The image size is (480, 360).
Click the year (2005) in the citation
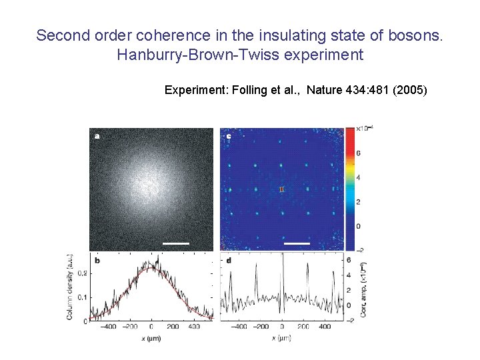coord(411,89)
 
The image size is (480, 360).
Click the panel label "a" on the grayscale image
coord(97,136)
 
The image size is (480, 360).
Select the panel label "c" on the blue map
coord(229,136)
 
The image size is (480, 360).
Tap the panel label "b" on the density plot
coord(97,261)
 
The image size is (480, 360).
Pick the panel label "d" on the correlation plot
coord(229,261)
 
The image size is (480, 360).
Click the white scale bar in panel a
coord(176,243)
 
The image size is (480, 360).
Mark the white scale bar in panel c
coord(297,243)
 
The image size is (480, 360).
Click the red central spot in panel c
coord(282,190)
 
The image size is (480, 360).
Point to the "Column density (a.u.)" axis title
coord(70,287)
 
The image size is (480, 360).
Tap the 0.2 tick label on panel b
coord(82,273)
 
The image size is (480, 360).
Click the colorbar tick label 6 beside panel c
coord(358,153)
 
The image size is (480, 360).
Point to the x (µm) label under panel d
coord(282,339)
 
